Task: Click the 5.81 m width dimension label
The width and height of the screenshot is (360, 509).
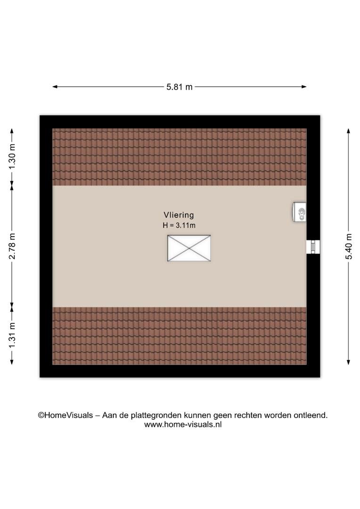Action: [x=180, y=87]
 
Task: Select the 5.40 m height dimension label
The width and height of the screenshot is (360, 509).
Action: [x=349, y=246]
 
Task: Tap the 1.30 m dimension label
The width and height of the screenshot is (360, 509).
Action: [x=12, y=156]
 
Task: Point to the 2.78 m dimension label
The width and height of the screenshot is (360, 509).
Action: [x=12, y=246]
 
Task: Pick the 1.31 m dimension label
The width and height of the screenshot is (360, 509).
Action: [x=12, y=336]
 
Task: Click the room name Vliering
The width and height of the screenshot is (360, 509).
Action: [x=179, y=215]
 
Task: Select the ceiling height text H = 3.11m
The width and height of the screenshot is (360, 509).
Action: [x=179, y=225]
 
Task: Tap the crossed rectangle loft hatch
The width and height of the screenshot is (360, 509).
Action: [x=189, y=248]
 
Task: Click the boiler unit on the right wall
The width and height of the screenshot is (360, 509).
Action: [x=299, y=212]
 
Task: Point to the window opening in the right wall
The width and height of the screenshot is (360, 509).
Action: [x=313, y=247]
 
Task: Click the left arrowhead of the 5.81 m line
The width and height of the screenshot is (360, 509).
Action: [x=55, y=87]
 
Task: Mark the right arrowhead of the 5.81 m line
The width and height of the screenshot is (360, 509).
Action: [x=304, y=87]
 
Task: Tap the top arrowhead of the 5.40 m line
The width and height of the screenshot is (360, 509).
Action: [x=348, y=131]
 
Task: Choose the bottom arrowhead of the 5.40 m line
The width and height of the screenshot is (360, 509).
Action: [x=348, y=362]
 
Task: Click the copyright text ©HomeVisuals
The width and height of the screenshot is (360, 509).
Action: [x=65, y=415]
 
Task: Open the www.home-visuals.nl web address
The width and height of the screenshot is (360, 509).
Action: [x=183, y=424]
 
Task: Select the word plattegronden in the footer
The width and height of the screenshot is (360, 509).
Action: [x=156, y=416]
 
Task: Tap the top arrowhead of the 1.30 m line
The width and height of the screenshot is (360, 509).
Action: [x=12, y=131]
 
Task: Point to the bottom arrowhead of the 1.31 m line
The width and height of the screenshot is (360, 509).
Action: [x=12, y=362]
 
